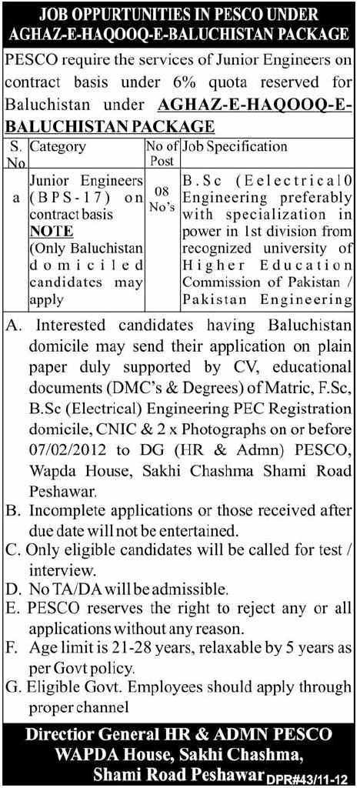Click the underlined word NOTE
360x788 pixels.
point(53,231)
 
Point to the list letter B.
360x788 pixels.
point(12,510)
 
